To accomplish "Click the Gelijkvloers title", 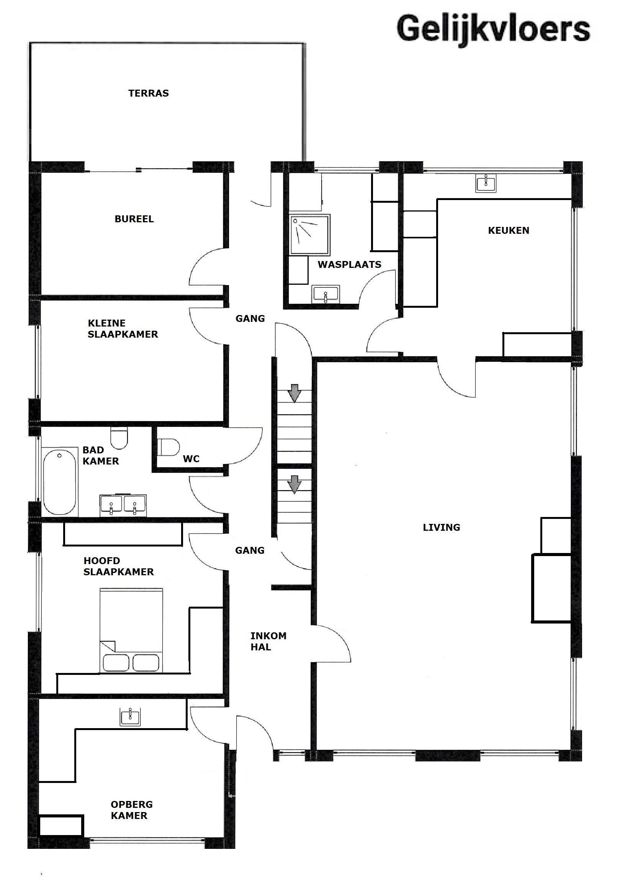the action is click(493, 29).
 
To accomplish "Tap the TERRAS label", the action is click(149, 93).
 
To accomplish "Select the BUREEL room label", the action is click(134, 219).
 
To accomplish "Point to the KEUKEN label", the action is click(509, 230).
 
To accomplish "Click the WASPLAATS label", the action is click(350, 264).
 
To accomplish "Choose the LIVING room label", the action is click(442, 527).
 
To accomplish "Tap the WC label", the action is click(191, 459).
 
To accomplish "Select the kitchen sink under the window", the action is click(486, 183).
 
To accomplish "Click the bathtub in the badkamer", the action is click(60, 482).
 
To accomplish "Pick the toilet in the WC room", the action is click(168, 447).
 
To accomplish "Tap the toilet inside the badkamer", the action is click(119, 438).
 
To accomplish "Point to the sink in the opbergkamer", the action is click(130, 717).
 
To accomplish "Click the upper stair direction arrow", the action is click(294, 393).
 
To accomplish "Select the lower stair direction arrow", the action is click(294, 484).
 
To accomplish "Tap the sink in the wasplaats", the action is click(325, 294).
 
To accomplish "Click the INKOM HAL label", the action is click(268, 641).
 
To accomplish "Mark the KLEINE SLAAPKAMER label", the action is click(123, 328).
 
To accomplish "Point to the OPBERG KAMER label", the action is click(131, 810).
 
